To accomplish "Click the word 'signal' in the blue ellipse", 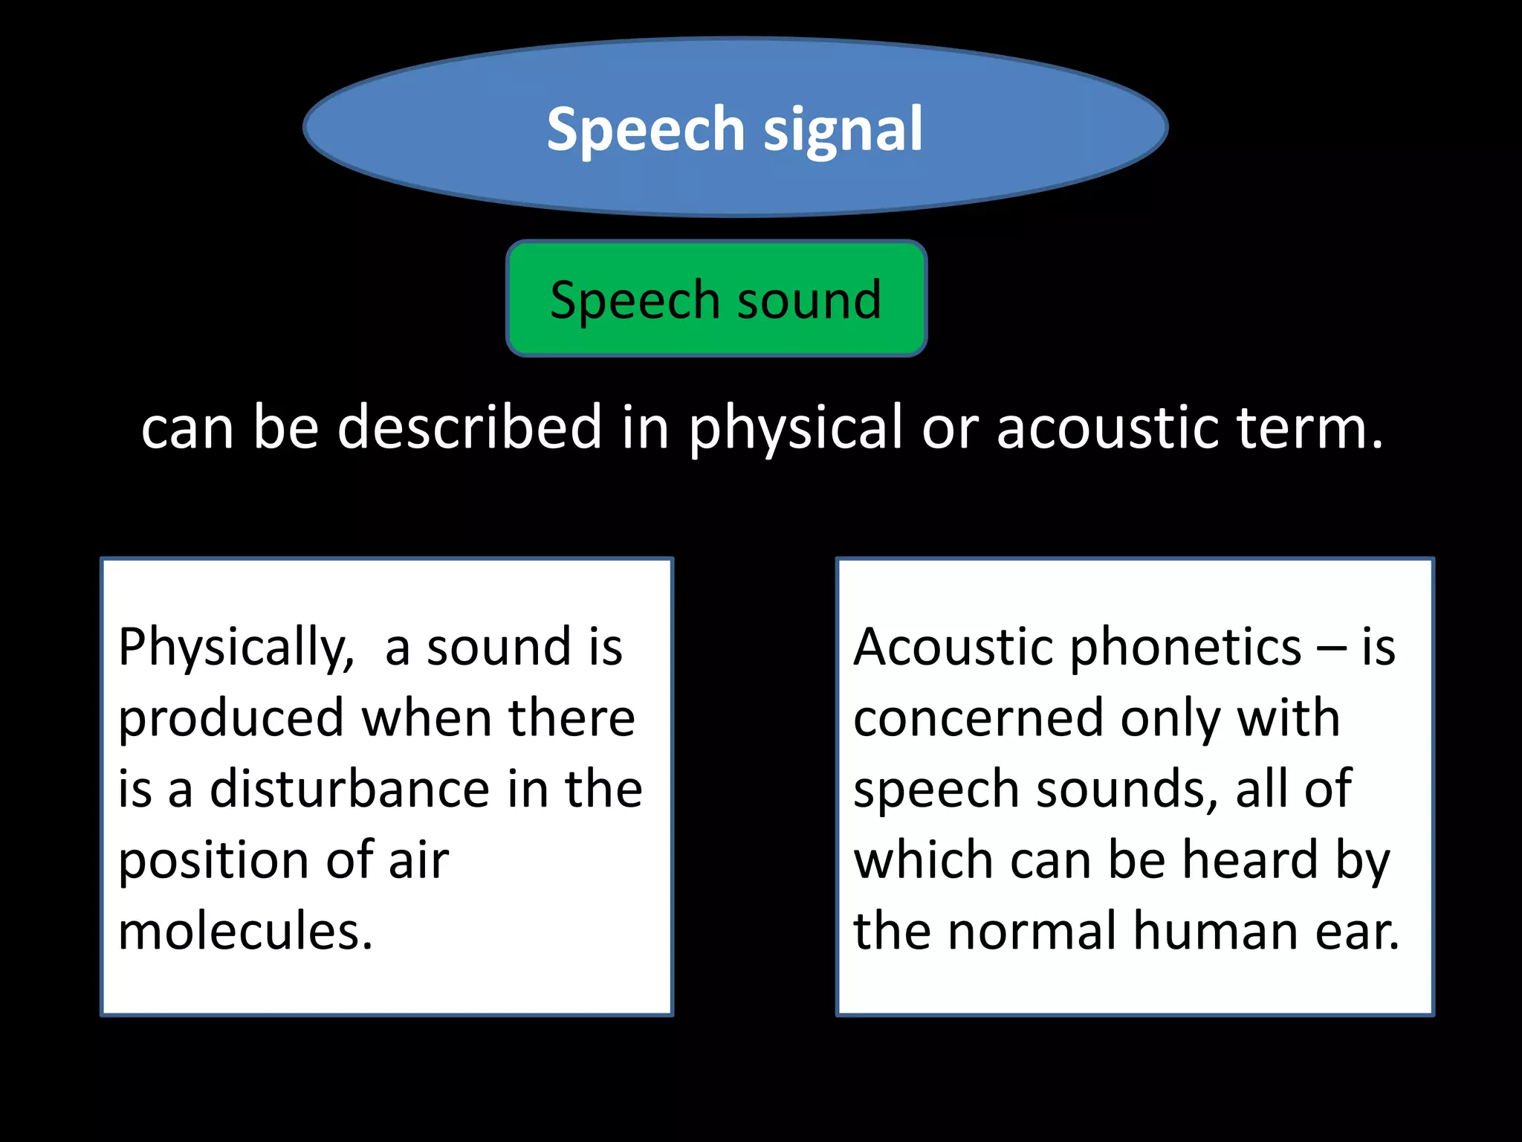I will point(843,130).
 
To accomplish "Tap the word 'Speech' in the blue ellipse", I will point(645,130).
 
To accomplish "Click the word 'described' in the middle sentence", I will point(469,427).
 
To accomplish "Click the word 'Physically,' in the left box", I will point(236,648).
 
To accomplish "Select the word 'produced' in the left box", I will point(231,719).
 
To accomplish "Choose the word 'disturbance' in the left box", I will point(349,789).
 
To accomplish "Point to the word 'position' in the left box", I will point(211,861).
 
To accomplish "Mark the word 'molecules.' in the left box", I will point(245,931).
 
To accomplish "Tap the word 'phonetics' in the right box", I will point(1185,648).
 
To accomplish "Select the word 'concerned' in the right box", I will point(978,718).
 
